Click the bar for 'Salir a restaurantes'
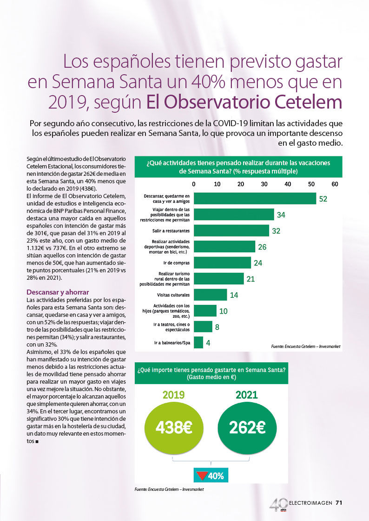[231, 231]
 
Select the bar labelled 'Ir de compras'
[222, 263]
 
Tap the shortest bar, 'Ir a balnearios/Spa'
[198, 342]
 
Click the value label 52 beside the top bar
[323, 199]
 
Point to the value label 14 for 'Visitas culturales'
[234, 295]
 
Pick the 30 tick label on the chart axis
[264, 184]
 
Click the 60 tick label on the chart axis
[335, 184]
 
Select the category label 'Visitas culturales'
[173, 295]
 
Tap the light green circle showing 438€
[174, 428]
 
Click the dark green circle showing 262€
[247, 428]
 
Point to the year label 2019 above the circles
[173, 395]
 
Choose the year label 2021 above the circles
[247, 395]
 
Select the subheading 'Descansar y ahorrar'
[58, 292]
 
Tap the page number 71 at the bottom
[339, 503]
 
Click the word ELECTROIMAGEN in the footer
[310, 503]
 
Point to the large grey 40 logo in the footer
[278, 504]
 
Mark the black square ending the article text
[37, 442]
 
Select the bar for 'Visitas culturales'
[210, 295]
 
